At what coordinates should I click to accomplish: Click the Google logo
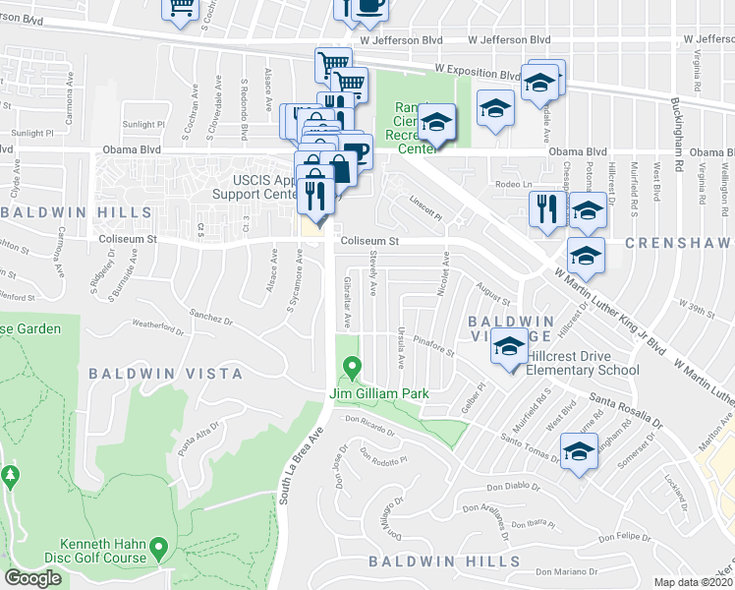coord(33,578)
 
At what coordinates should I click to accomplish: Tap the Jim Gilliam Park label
coord(379,394)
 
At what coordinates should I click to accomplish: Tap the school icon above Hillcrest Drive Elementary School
coord(509,348)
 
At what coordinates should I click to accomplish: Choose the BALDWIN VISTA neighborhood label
coord(165,374)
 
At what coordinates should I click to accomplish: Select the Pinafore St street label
coord(436,344)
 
